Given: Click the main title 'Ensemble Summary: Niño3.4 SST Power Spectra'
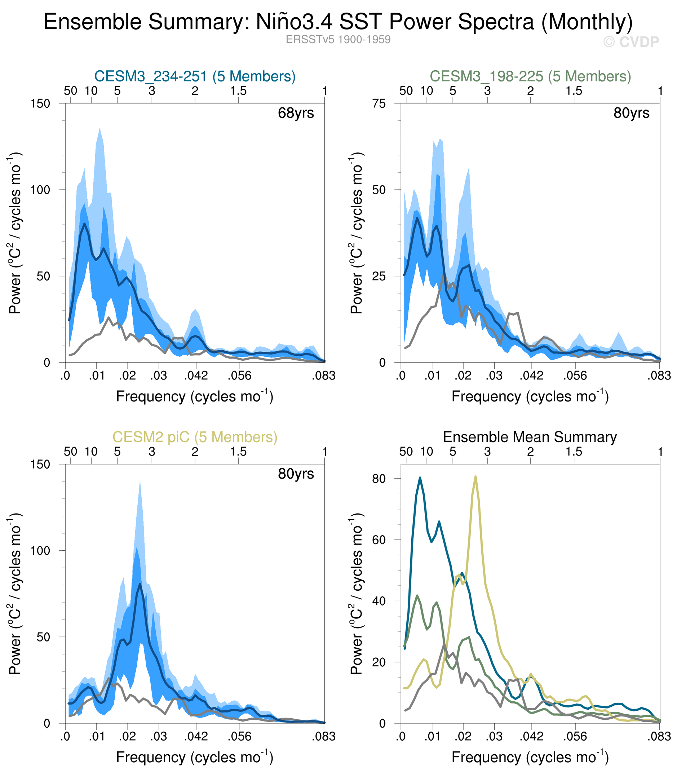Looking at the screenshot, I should (338, 22).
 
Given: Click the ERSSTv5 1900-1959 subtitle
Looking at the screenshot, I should (338, 40).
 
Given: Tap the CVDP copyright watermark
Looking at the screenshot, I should (631, 42).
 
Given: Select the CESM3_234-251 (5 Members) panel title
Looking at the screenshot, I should (195, 76).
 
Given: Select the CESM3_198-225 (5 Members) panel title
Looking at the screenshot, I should (530, 76).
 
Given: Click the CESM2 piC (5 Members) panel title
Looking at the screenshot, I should (195, 437).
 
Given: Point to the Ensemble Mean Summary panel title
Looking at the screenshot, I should (530, 437).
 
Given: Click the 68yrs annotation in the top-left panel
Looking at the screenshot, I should (296, 113).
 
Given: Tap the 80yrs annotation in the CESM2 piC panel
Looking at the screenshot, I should (296, 474).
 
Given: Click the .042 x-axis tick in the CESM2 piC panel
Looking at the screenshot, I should (196, 737).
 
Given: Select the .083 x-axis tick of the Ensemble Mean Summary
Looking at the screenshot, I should (660, 737).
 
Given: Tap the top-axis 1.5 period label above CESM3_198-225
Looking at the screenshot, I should (574, 91).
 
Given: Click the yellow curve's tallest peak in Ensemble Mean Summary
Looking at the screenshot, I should (475, 477).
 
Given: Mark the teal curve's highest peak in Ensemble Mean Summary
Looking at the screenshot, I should (420, 478).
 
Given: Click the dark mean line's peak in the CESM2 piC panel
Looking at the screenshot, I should (140, 584).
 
